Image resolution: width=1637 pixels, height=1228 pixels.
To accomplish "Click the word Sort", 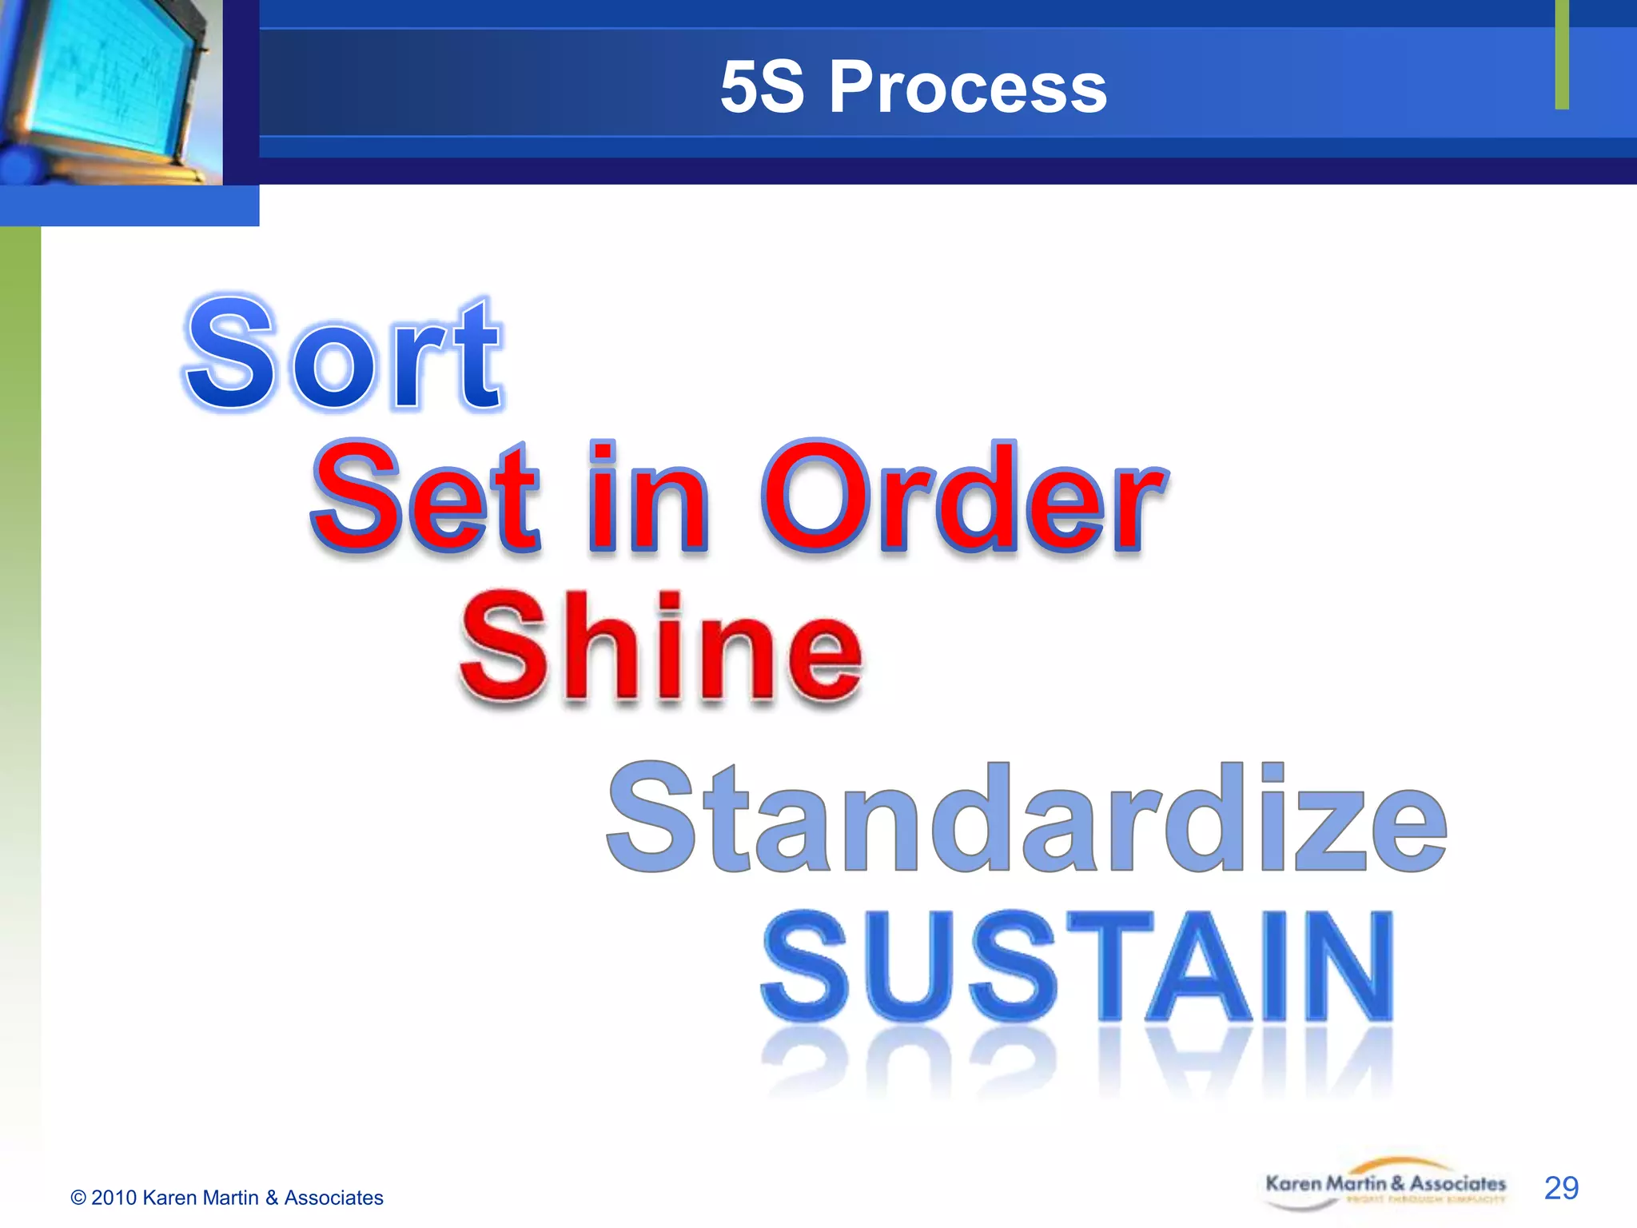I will point(344,354).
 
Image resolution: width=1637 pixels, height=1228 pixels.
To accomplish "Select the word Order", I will point(964,497).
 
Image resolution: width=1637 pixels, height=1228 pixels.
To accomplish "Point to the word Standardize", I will point(1026,817).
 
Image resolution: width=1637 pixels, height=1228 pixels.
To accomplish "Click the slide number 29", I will point(1561,1188).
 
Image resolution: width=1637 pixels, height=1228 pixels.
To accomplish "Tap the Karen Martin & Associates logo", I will point(1384,1186).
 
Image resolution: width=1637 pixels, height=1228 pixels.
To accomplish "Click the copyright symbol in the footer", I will point(78,1198).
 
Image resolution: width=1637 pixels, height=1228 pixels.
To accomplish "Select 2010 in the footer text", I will point(114,1198).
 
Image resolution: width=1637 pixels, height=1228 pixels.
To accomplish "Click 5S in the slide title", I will point(761,87).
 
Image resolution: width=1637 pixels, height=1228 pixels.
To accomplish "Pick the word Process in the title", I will point(967,87).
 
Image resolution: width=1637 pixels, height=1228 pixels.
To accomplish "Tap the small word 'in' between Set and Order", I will point(647,497).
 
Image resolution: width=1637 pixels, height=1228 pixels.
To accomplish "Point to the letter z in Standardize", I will point(1327,827).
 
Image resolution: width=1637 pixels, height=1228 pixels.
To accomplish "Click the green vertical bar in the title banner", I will point(1562,54).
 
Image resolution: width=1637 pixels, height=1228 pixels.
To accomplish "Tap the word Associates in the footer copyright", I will point(333,1198).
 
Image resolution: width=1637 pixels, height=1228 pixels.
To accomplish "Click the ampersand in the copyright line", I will point(272,1198).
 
